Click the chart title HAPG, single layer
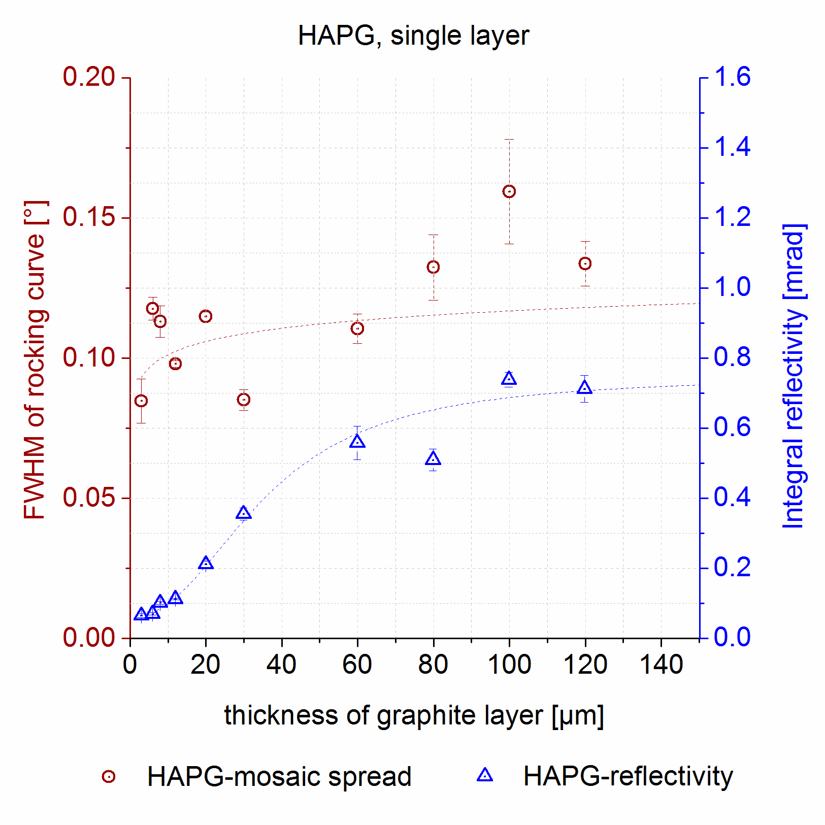(x=413, y=36)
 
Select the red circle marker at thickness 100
(x=509, y=191)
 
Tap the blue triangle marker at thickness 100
(x=509, y=379)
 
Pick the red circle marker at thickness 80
(x=433, y=267)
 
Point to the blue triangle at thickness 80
(x=433, y=459)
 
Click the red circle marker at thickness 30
(x=244, y=400)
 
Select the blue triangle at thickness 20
(x=206, y=563)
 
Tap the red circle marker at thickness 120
(x=585, y=263)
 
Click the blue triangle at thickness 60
(x=357, y=441)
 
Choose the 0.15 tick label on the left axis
(x=89, y=217)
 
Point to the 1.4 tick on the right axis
(x=732, y=147)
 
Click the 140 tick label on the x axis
(x=661, y=665)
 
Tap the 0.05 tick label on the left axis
(x=89, y=498)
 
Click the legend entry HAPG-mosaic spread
(x=279, y=776)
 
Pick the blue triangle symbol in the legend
(x=485, y=775)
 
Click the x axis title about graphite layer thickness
(x=413, y=715)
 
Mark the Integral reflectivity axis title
(x=793, y=376)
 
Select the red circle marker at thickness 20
(x=206, y=316)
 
